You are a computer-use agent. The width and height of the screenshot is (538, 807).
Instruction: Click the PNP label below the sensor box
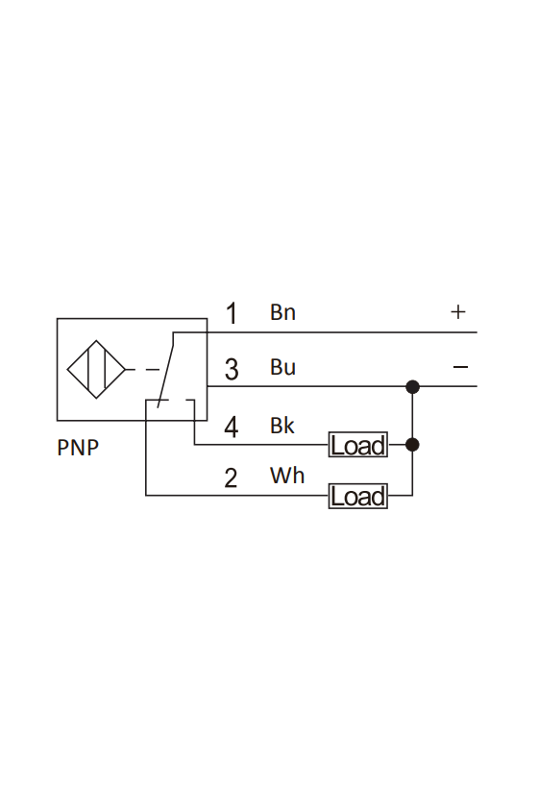78,448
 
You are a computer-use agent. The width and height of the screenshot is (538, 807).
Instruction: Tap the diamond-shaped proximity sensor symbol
96,369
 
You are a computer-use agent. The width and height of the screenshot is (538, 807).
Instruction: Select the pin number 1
232,313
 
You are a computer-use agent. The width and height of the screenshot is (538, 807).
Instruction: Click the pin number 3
232,369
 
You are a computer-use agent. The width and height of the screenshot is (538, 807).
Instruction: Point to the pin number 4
232,428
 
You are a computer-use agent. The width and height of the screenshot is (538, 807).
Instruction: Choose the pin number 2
231,477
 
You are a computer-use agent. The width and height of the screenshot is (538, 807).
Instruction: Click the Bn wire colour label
282,312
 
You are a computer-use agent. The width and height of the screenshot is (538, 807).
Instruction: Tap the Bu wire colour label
282,367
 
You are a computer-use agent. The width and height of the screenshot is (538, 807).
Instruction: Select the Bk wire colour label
282,426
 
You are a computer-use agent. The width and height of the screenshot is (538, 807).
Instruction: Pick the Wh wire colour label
286,476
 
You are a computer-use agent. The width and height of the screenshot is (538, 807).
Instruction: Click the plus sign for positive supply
457,312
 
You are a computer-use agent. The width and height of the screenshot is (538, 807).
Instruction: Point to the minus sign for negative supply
460,367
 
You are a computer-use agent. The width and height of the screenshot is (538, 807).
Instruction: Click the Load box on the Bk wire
357,445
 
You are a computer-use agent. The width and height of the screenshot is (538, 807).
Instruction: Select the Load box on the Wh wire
357,496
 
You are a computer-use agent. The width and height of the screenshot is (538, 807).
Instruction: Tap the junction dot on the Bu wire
412,386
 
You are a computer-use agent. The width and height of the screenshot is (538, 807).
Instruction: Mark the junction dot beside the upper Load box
412,445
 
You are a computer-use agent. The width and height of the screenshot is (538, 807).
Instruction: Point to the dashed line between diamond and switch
142,370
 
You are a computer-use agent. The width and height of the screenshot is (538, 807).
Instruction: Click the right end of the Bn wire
477,332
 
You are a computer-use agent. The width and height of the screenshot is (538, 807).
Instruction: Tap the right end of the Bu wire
477,386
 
